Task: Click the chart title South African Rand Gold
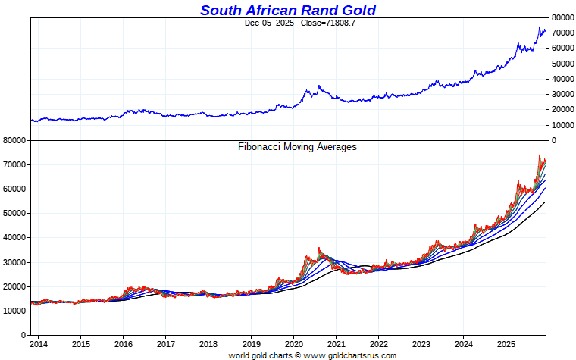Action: click(288, 10)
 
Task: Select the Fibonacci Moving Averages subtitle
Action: click(297, 147)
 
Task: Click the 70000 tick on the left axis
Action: click(15, 164)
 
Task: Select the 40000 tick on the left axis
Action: click(15, 237)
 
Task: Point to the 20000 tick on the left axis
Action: click(15, 286)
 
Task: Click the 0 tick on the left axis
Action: click(23, 335)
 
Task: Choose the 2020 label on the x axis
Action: click(293, 343)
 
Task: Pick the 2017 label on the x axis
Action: click(167, 343)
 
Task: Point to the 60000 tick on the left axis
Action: click(15, 189)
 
